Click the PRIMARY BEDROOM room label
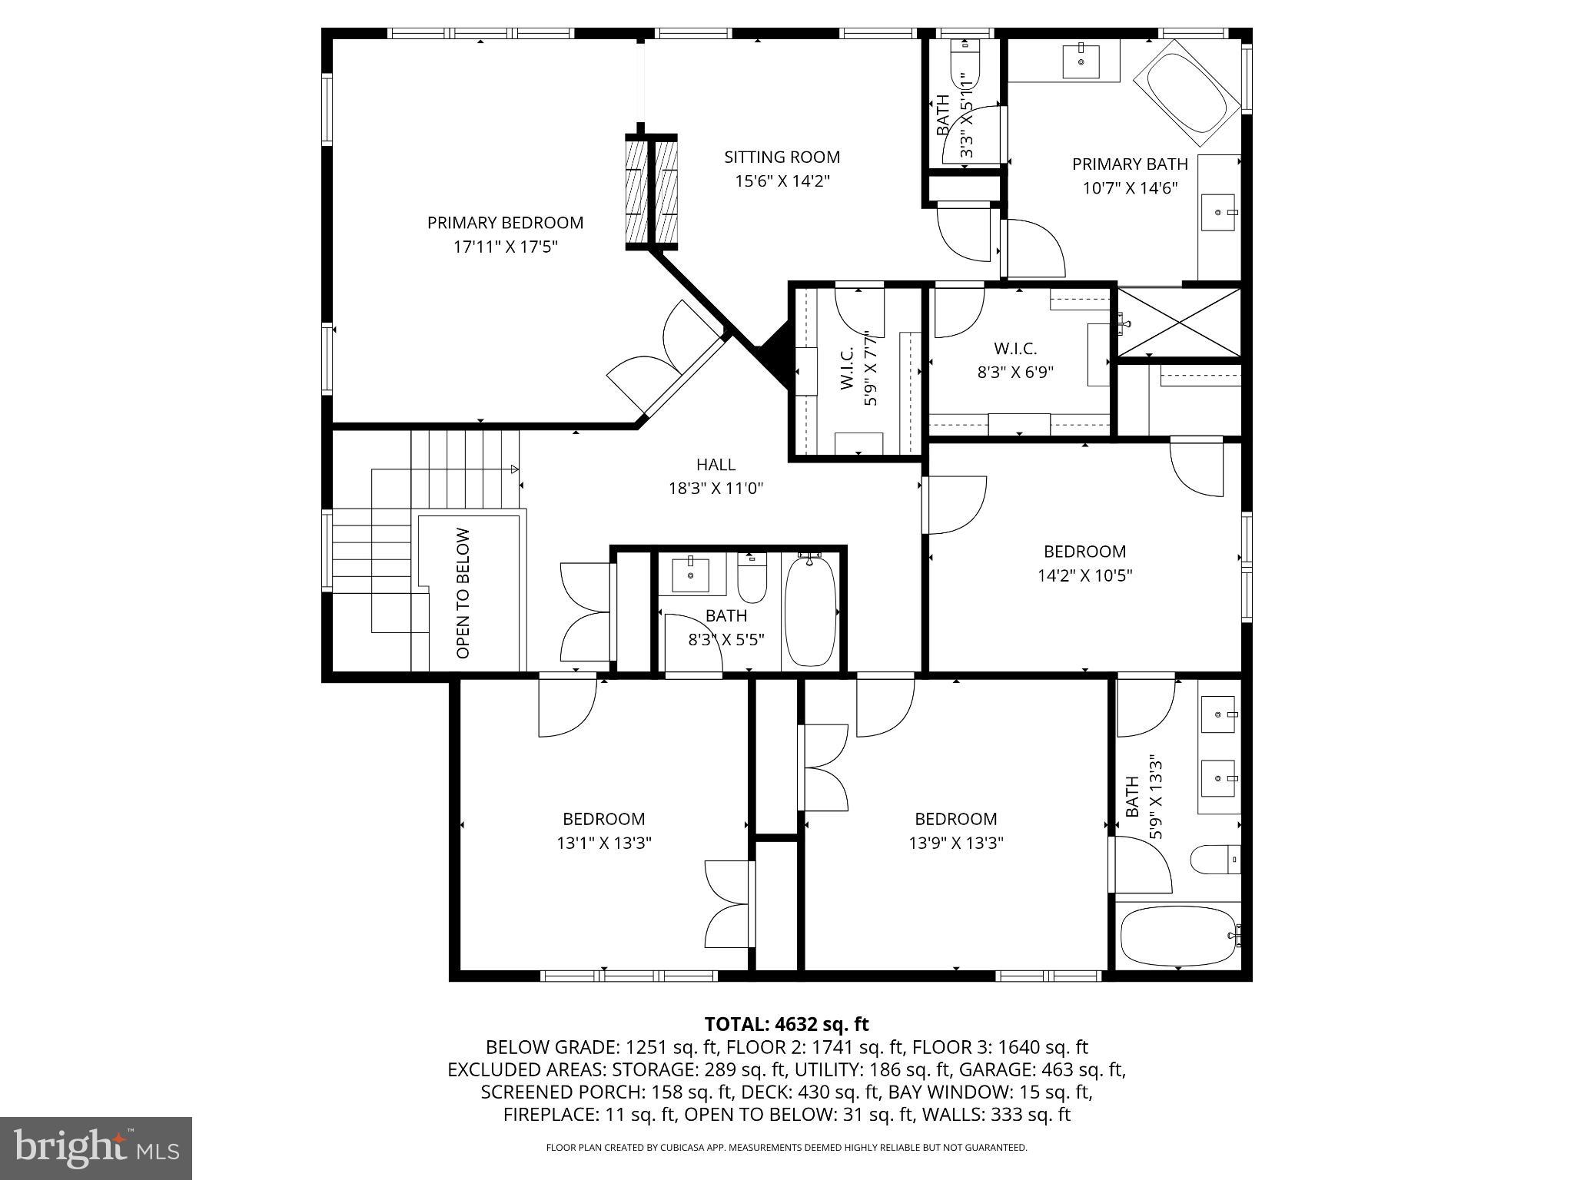coord(505,223)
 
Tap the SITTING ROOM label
coord(782,157)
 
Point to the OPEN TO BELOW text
coord(463,593)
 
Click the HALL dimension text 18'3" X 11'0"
coord(716,489)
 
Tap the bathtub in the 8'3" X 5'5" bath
coord(810,611)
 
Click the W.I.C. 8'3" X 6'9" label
coord(1015,360)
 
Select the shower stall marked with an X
coord(1178,323)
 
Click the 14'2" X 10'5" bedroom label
coord(1084,563)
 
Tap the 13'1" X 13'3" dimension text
coord(604,844)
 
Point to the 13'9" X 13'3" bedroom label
coord(956,831)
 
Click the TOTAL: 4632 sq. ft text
coord(786,1024)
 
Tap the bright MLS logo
coord(96,1148)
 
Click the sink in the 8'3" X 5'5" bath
coord(690,574)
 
